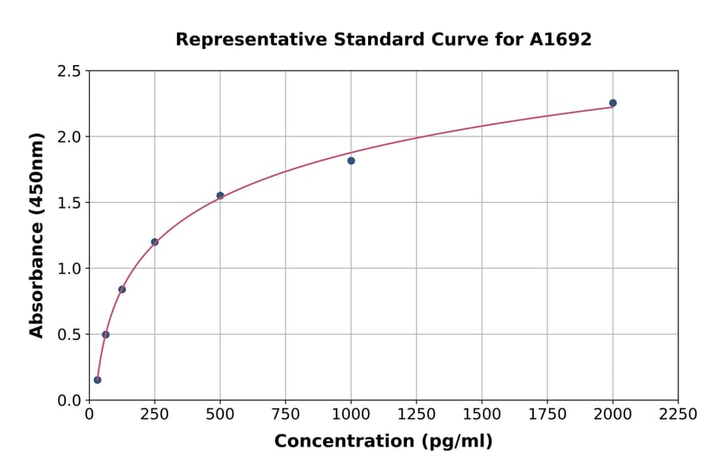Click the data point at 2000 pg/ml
tap(612, 103)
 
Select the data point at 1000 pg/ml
tap(351, 161)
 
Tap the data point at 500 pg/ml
tap(221, 195)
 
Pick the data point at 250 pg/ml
tap(155, 242)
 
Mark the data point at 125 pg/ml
tap(122, 289)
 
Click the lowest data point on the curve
tap(98, 380)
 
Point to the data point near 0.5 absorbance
tap(106, 335)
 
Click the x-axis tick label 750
tap(286, 415)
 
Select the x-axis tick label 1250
tap(416, 415)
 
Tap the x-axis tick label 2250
tap(678, 415)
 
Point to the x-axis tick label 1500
tap(482, 415)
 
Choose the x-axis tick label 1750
tap(547, 415)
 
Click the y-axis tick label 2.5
tap(69, 71)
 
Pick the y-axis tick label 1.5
tap(69, 203)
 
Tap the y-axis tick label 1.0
tap(69, 269)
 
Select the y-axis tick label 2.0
tap(69, 137)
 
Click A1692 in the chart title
tap(560, 40)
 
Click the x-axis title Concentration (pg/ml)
tap(383, 442)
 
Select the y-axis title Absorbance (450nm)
tap(36, 235)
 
